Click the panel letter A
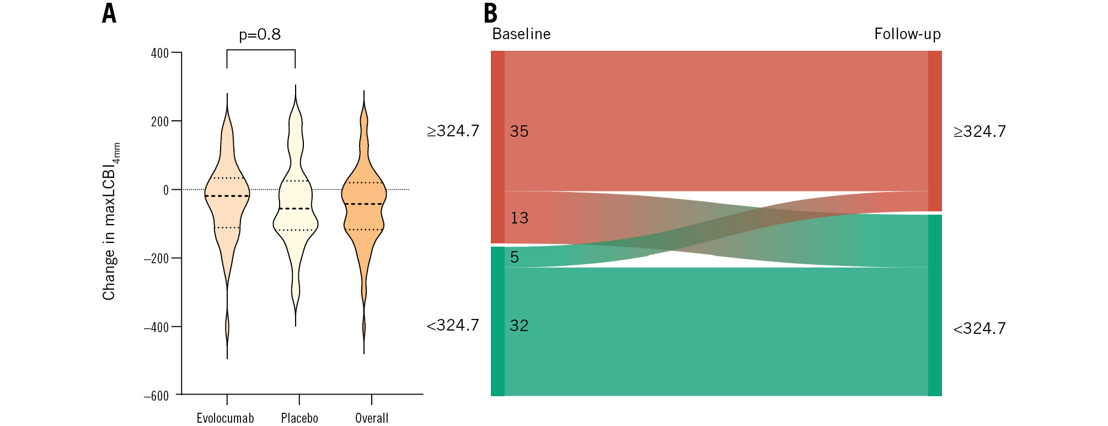coord(109,13)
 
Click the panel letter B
coord(490,13)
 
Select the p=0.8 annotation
coord(260,35)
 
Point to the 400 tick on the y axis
coord(160,53)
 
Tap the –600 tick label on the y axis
coord(156,396)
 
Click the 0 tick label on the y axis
coord(165,190)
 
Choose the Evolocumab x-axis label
coord(225,418)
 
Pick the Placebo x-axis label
coord(299,418)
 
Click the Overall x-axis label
coord(372,418)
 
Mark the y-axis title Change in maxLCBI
coord(109,221)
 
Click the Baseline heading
coord(521,34)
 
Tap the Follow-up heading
coord(907,34)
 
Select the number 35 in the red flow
coord(519,131)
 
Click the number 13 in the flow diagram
coord(519,218)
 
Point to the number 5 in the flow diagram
coord(515,257)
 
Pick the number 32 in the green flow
coord(519,326)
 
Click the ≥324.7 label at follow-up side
coord(979,131)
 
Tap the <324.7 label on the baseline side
coord(453,325)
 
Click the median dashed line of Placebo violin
coord(295,209)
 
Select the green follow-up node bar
coord(935,305)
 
